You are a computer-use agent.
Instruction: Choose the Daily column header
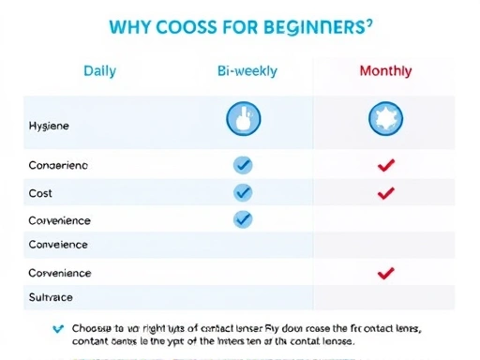pyautogui.click(x=100, y=71)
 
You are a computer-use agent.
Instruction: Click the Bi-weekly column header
pyautogui.click(x=244, y=71)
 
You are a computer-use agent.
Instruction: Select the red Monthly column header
pyautogui.click(x=385, y=71)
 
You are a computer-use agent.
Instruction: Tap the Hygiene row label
pyautogui.click(x=50, y=125)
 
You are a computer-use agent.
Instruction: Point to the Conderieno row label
pyautogui.click(x=59, y=165)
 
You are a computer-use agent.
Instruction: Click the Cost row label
pyautogui.click(x=41, y=193)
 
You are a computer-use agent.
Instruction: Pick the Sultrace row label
pyautogui.click(x=52, y=297)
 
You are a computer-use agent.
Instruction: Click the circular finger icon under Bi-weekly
pyautogui.click(x=244, y=118)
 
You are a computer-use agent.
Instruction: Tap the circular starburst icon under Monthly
pyautogui.click(x=384, y=118)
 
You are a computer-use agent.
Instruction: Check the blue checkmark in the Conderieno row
pyautogui.click(x=243, y=165)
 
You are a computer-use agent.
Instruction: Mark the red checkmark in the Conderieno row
pyautogui.click(x=384, y=166)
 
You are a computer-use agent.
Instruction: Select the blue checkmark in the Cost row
pyautogui.click(x=243, y=192)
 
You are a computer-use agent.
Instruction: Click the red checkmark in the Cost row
pyautogui.click(x=384, y=193)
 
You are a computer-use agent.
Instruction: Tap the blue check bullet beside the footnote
pyautogui.click(x=58, y=328)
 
